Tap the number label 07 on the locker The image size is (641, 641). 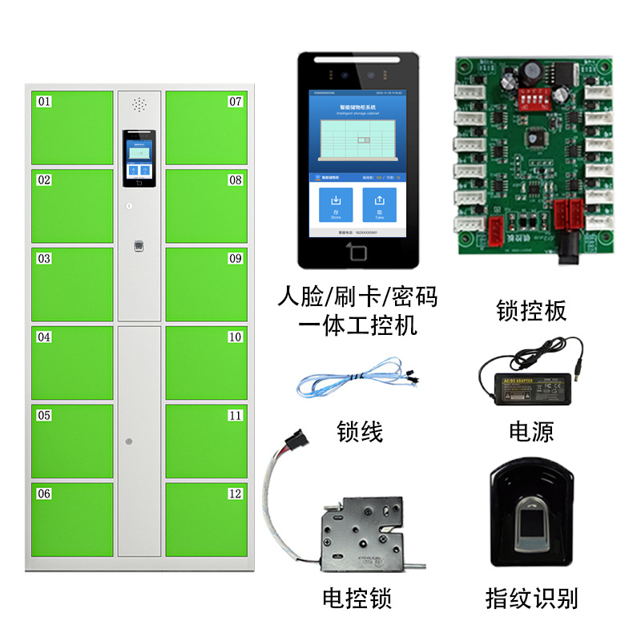pyautogui.click(x=235, y=102)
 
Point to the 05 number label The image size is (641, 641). pyautogui.click(x=44, y=416)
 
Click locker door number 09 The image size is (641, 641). pyautogui.click(x=206, y=284)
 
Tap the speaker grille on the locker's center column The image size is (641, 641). pyautogui.click(x=139, y=105)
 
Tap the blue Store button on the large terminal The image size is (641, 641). pyautogui.click(x=337, y=204)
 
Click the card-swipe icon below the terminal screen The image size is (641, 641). pyautogui.click(x=358, y=254)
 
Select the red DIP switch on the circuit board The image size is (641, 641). pyautogui.click(x=531, y=96)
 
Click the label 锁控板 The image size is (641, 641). pyautogui.click(x=531, y=310)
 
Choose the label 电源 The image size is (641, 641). pyautogui.click(x=531, y=432)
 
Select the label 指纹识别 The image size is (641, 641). pyautogui.click(x=531, y=598)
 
